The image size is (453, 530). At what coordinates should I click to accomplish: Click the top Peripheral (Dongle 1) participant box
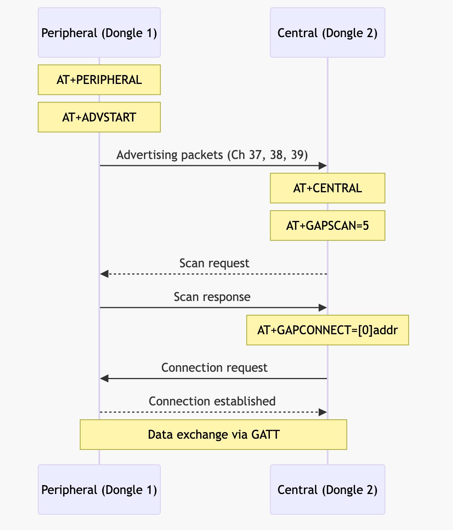coord(99,33)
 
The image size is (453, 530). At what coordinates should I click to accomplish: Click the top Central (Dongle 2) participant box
coord(327,33)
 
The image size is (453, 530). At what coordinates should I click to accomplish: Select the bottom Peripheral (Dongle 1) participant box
coord(99,489)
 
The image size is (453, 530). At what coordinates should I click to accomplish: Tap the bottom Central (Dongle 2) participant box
coord(327,489)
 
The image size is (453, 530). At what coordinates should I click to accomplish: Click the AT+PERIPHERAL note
coord(99,80)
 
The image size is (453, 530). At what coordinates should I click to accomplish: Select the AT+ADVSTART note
coord(99,117)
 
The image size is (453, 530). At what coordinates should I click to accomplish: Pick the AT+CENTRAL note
coord(327,188)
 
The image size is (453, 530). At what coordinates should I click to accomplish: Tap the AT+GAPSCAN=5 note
coord(327,226)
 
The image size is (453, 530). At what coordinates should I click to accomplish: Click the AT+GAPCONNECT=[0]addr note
coord(327,330)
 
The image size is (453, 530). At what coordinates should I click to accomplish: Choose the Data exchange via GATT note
coord(213,434)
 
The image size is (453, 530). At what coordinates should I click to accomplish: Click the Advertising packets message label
coord(212,155)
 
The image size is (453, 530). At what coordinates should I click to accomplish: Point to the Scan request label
coord(214,263)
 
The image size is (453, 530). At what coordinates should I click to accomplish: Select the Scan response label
coord(212,297)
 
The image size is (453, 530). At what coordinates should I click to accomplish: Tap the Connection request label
coord(214,367)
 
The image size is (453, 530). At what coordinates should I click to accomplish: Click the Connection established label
coord(212,401)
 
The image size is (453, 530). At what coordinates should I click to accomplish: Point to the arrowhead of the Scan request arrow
coord(104,274)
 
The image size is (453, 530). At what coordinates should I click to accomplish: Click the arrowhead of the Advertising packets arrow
coord(323,166)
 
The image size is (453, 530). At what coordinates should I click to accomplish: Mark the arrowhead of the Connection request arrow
coord(104,378)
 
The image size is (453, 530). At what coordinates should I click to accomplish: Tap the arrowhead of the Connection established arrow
coord(323,412)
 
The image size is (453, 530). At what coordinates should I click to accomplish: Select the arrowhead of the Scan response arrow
coord(323,308)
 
